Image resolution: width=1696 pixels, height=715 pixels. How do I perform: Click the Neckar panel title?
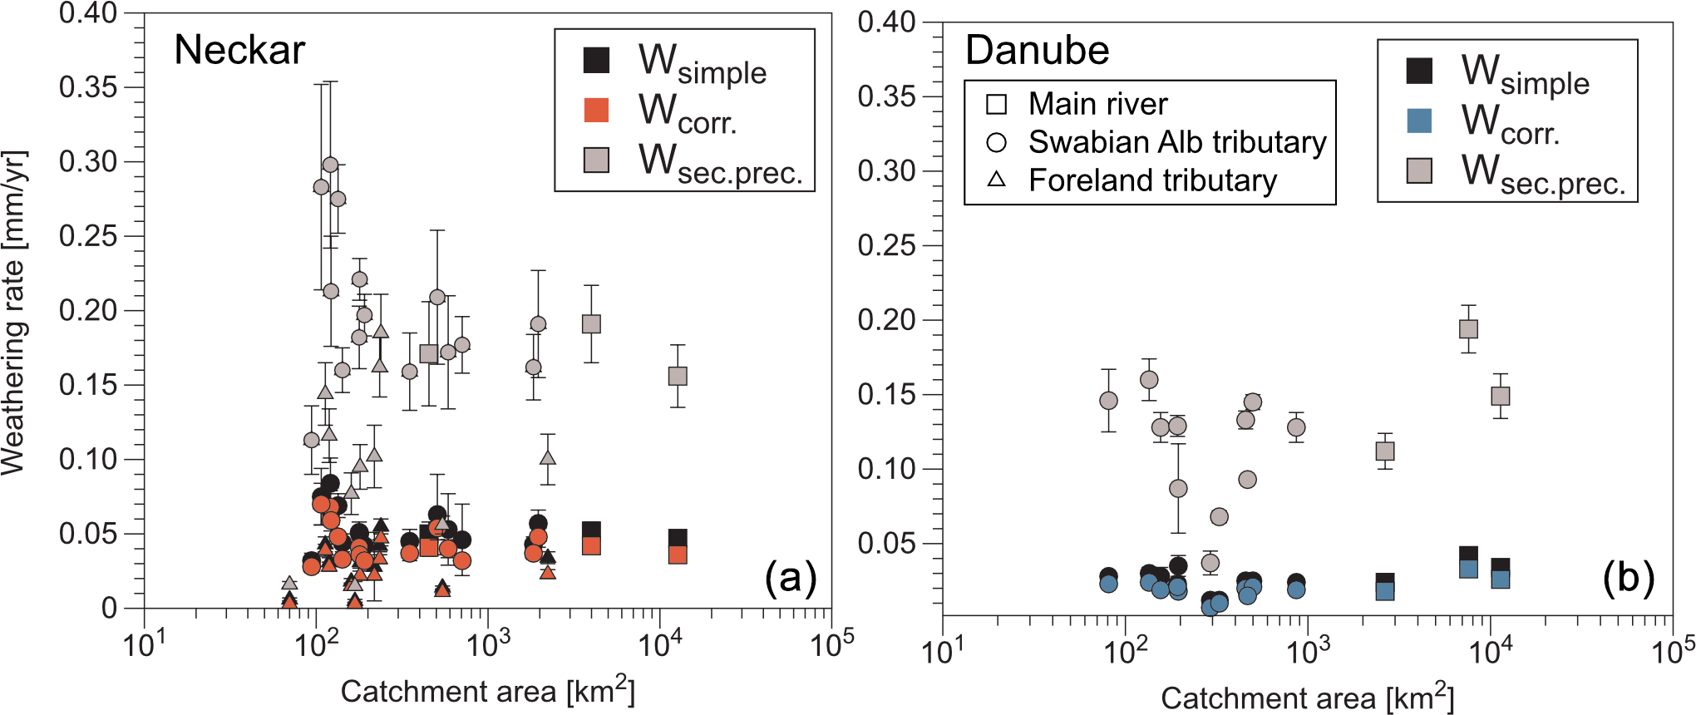click(x=239, y=51)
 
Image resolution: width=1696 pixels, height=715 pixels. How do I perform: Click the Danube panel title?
click(x=1037, y=51)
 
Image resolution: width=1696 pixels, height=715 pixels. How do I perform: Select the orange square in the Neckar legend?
click(x=596, y=110)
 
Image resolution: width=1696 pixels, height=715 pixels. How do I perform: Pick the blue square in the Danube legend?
click(x=1419, y=121)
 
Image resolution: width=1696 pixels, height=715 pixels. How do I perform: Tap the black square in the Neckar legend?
click(x=596, y=60)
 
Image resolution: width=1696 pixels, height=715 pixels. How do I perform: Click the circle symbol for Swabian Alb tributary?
click(x=996, y=142)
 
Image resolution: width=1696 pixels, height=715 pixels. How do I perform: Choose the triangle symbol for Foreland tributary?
click(x=996, y=180)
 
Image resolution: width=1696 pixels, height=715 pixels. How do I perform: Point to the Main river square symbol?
click(x=996, y=104)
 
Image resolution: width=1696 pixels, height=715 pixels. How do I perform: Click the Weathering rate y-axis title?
click(x=14, y=313)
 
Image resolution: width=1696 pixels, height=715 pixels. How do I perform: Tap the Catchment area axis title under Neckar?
click(x=487, y=691)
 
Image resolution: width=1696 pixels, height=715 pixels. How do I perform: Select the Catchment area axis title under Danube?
click(x=1307, y=698)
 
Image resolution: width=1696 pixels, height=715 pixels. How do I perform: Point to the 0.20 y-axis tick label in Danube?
click(x=887, y=320)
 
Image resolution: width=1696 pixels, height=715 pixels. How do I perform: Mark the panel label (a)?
click(x=791, y=577)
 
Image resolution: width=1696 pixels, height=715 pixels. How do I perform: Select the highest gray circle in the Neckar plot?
click(x=330, y=165)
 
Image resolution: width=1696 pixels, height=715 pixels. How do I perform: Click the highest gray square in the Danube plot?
click(x=1468, y=328)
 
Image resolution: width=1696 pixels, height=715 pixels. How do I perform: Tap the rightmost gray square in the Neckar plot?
click(x=678, y=376)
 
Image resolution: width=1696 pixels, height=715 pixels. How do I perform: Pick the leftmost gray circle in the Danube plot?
click(x=1108, y=401)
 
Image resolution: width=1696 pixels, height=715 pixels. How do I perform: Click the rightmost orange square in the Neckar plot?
click(x=678, y=555)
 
